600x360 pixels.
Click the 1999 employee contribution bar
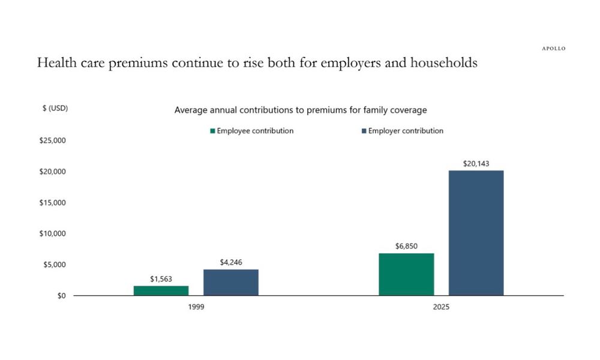(161, 290)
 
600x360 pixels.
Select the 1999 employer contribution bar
(231, 282)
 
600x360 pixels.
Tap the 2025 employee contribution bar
(406, 274)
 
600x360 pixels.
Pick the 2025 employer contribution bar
(476, 233)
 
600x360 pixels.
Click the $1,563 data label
(161, 280)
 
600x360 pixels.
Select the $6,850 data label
(406, 247)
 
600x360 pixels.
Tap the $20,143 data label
(476, 163)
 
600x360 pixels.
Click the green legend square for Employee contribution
(212, 131)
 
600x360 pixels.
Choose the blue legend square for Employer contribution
(364, 131)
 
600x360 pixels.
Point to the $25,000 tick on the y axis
(52, 141)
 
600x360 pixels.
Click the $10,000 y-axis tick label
(52, 233)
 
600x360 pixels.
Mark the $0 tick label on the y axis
(62, 296)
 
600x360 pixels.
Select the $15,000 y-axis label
(52, 203)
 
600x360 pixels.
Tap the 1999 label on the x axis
(196, 307)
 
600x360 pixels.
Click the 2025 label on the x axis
(441, 307)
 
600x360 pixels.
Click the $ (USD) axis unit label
(55, 109)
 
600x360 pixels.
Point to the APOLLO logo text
(550, 49)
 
